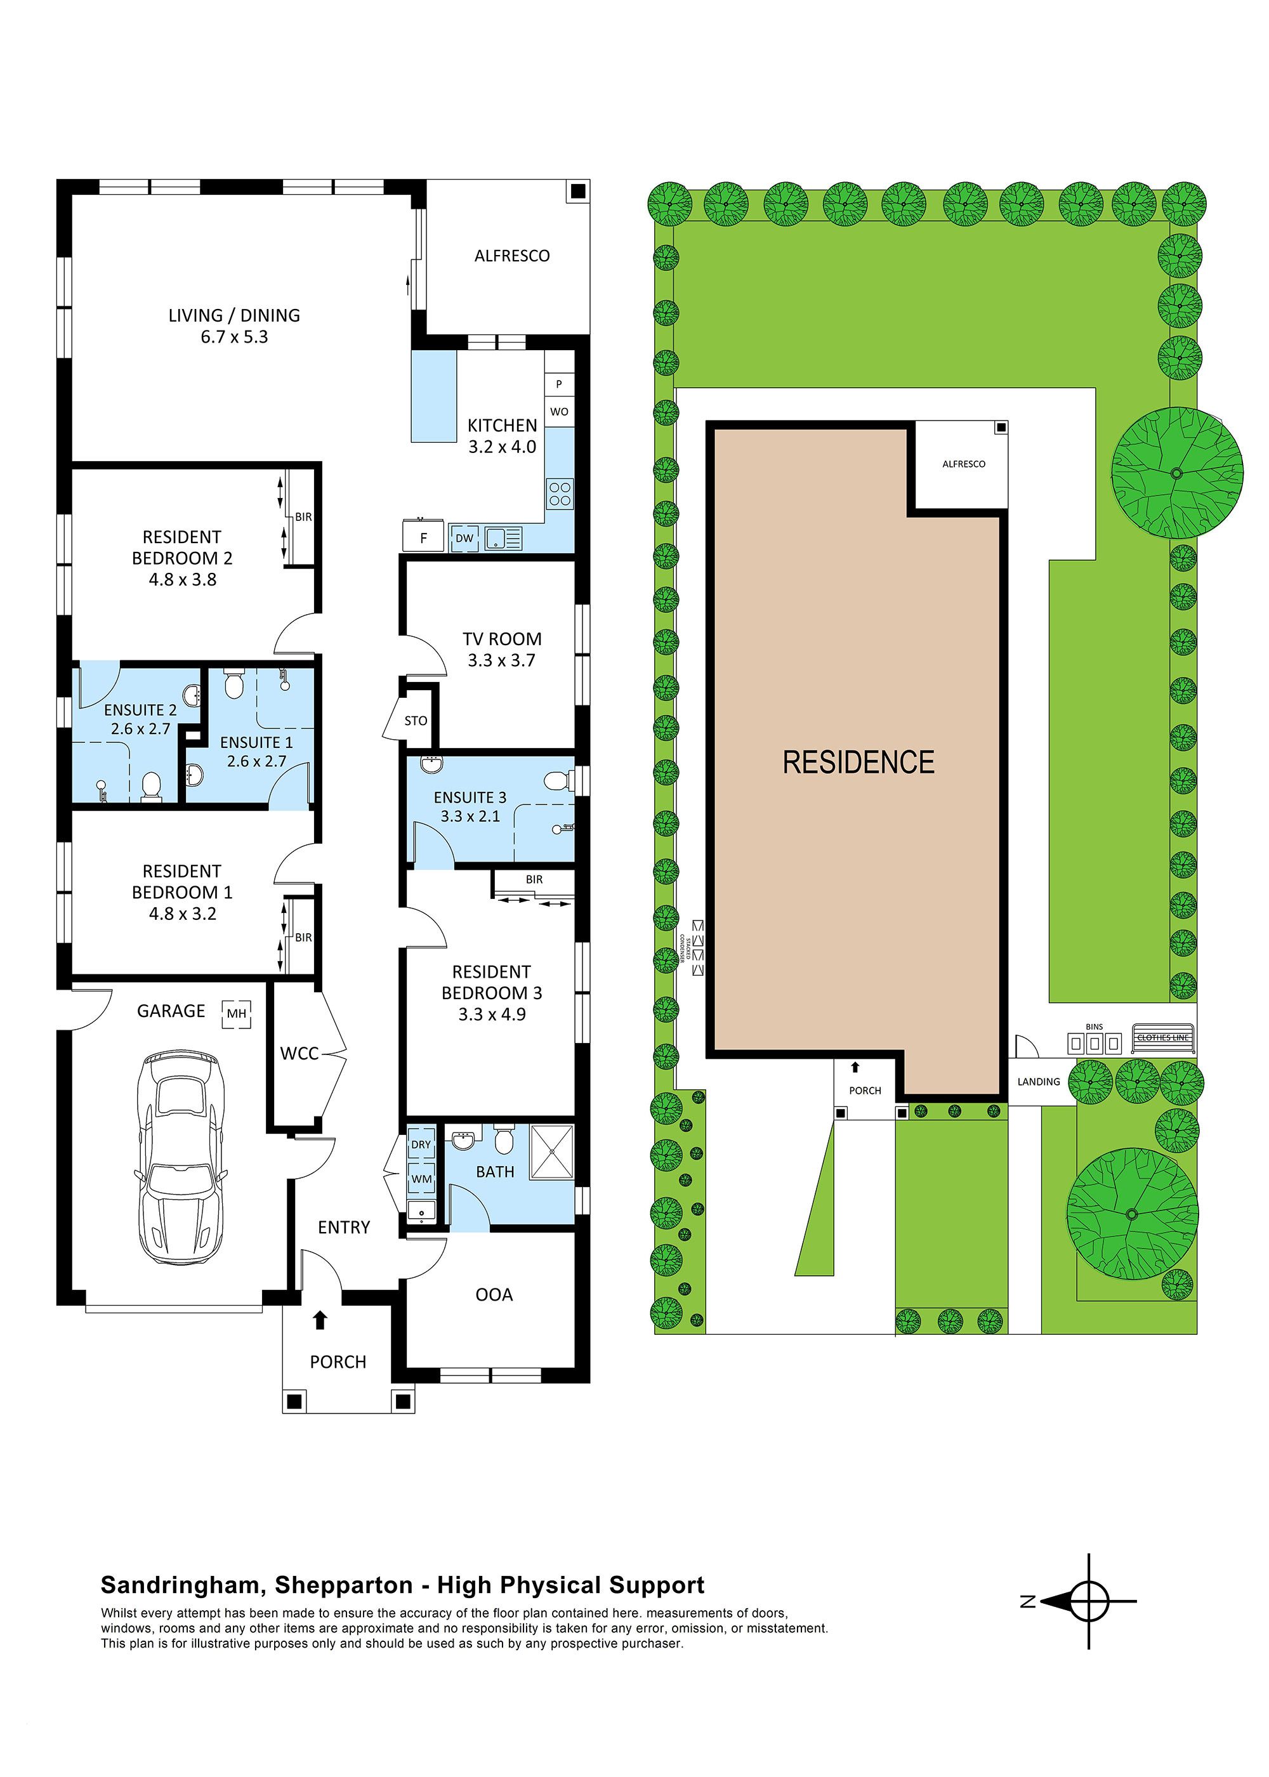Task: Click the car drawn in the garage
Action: (x=181, y=1157)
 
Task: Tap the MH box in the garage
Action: (x=236, y=1014)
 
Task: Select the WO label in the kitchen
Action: (x=560, y=412)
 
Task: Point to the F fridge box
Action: (x=423, y=537)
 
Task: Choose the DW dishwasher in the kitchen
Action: (x=464, y=538)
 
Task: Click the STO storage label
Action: (x=416, y=721)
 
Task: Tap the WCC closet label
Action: (x=299, y=1054)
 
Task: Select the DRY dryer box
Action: (x=421, y=1144)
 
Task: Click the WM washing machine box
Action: (x=421, y=1179)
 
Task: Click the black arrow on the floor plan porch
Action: (x=320, y=1320)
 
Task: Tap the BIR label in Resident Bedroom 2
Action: (x=303, y=517)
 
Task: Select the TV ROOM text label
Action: (x=502, y=639)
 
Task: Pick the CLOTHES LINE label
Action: (x=1163, y=1038)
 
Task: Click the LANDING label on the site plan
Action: (x=1039, y=1082)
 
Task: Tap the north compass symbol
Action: (x=1087, y=1601)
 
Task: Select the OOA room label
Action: (x=494, y=1295)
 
